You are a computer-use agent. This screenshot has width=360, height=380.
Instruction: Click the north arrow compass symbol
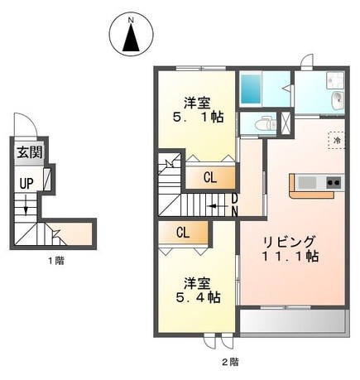click(131, 36)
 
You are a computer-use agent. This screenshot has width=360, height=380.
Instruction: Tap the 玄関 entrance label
click(30, 152)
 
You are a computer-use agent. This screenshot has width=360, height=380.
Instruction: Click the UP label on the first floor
click(26, 184)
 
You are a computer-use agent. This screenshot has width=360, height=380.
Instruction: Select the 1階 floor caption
click(56, 261)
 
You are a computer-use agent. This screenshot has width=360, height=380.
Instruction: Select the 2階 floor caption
click(231, 362)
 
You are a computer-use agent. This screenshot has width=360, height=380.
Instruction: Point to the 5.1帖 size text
click(198, 118)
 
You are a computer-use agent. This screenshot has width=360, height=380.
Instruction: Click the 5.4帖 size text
click(198, 298)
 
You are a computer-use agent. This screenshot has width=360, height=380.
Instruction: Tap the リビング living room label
click(289, 242)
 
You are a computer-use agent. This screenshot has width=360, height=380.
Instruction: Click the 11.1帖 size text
click(290, 257)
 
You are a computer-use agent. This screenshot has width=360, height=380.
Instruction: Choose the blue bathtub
click(251, 89)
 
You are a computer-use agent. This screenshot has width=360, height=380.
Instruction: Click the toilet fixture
click(266, 125)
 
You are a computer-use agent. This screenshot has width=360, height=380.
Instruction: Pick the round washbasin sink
click(338, 99)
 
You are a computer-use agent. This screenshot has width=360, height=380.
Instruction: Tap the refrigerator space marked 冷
click(336, 141)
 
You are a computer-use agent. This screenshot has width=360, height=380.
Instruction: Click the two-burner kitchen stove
click(334, 182)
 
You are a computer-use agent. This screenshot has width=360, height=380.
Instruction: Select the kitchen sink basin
click(307, 182)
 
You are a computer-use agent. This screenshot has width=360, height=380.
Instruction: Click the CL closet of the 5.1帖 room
click(210, 178)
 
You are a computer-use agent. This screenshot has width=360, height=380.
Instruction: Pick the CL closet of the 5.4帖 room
click(183, 233)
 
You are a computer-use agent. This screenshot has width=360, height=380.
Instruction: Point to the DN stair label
click(234, 205)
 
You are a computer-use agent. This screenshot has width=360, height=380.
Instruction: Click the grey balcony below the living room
click(293, 322)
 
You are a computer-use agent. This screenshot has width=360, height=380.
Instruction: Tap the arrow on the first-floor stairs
click(26, 204)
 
